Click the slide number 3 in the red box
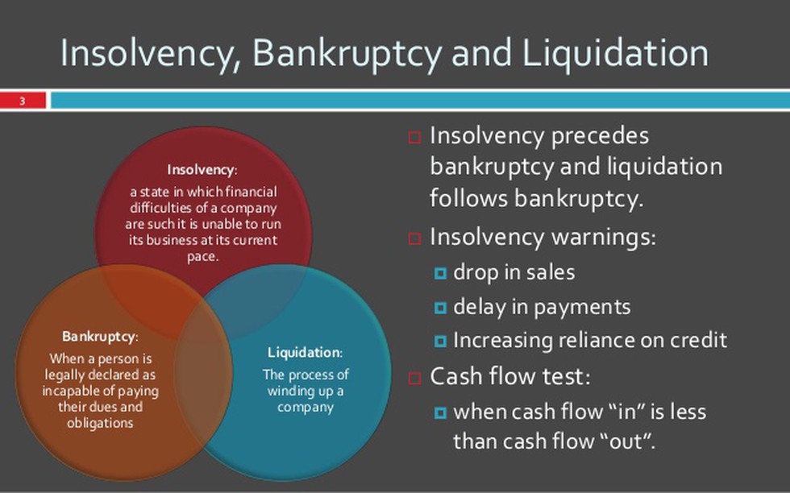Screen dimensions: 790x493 tap(23, 101)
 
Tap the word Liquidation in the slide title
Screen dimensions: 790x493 tap(615, 53)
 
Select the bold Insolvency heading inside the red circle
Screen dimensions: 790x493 tap(201, 169)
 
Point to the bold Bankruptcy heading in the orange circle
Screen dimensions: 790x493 tap(98, 337)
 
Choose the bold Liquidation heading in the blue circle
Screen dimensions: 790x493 tap(304, 352)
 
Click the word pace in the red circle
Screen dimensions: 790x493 tap(202, 257)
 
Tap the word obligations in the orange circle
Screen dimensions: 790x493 tap(100, 422)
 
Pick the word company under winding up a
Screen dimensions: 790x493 tap(306, 407)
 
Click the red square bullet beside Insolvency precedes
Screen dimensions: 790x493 tap(414, 137)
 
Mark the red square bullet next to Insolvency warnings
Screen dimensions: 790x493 tap(414, 238)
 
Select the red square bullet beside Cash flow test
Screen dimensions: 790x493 tap(414, 378)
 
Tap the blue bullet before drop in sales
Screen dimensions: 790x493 tap(440, 273)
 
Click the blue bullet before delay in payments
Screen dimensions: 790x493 tap(440, 307)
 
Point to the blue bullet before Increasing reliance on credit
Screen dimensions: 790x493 tap(440, 342)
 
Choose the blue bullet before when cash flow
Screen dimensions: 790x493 tap(440, 413)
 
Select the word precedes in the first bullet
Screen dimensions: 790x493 tap(600, 137)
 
